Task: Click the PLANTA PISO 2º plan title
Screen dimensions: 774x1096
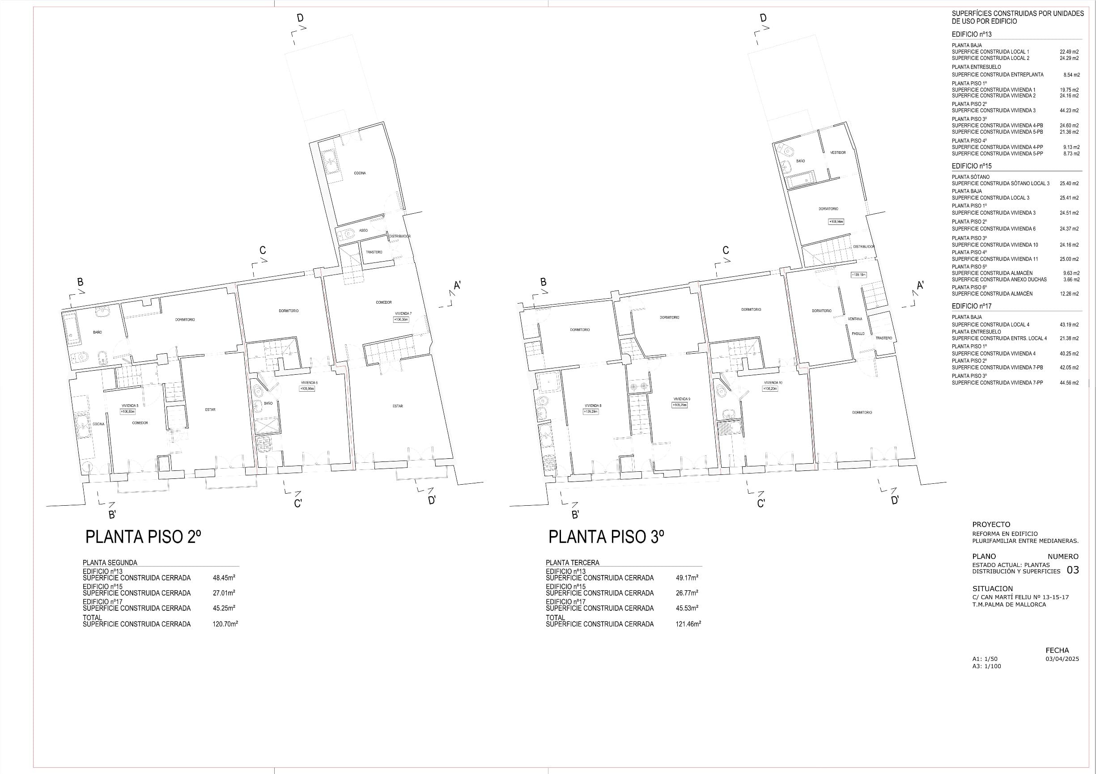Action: [143, 537]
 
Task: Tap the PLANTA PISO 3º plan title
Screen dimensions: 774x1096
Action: [606, 537]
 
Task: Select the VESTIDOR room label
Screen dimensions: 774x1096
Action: [838, 153]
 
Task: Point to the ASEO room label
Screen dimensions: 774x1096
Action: [363, 230]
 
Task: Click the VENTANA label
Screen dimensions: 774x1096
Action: [855, 319]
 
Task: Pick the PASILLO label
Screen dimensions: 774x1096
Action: [858, 334]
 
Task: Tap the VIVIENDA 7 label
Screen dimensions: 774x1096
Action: [403, 313]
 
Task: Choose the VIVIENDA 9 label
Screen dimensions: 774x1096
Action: [682, 399]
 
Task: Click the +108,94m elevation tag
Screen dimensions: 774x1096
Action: [836, 222]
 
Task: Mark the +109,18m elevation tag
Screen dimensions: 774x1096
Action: [858, 275]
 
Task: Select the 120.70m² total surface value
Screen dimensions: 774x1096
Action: [225, 624]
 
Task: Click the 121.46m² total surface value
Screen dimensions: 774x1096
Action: [688, 624]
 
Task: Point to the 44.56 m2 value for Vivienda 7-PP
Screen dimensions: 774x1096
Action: [1069, 383]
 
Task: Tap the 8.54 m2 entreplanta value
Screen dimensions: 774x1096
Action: [1071, 75]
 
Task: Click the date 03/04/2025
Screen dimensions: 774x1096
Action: [1062, 659]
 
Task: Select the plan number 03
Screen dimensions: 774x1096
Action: [1073, 570]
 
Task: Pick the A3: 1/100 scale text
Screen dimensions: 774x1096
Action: [987, 666]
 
